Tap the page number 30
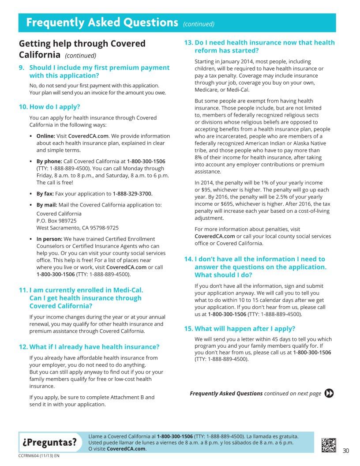click(345, 451)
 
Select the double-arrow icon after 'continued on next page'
click(329, 393)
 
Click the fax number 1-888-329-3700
click(132, 194)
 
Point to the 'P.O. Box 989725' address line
click(56, 220)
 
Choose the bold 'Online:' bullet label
click(45, 136)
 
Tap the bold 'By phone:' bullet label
click(49, 162)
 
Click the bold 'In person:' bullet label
click(49, 239)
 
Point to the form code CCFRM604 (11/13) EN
click(39, 455)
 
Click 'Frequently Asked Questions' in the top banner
click(101, 23)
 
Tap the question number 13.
click(188, 43)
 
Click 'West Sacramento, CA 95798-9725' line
click(77, 228)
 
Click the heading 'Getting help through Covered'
click(82, 44)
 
